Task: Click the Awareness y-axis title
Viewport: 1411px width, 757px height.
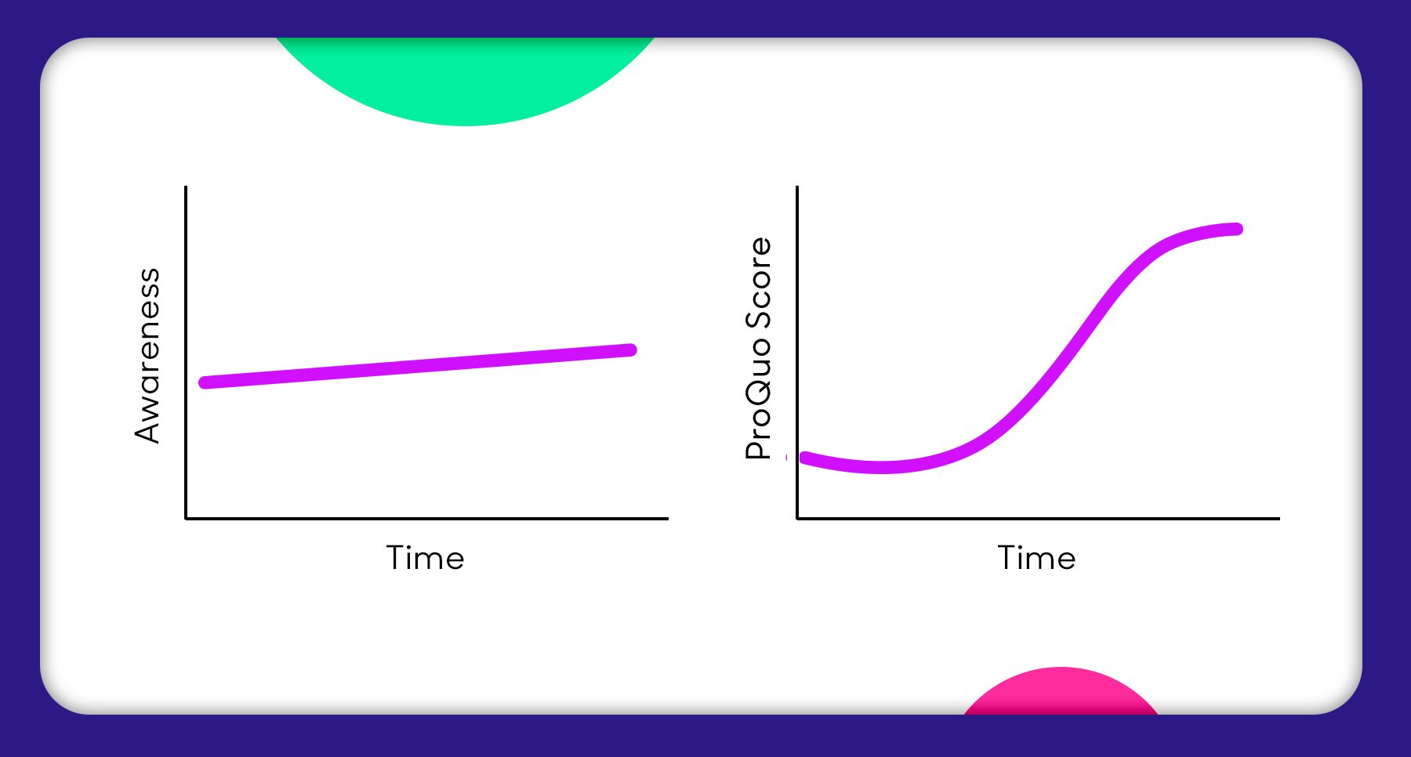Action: [x=147, y=356]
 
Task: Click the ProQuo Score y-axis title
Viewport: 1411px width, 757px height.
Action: [x=758, y=348]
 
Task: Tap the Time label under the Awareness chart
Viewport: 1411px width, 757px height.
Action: [x=425, y=558]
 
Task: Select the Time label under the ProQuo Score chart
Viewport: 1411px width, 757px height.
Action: [x=1036, y=558]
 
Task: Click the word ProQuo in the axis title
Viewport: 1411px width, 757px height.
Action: [x=758, y=399]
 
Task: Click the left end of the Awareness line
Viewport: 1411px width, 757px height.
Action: [x=205, y=382]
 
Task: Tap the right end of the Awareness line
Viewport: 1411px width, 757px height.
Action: [x=631, y=350]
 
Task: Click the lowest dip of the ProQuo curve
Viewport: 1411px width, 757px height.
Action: [x=882, y=468]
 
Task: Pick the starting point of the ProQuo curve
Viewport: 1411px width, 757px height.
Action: [x=804, y=458]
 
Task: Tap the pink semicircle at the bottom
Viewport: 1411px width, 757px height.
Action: [x=1061, y=693]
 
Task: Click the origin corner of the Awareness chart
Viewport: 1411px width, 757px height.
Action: [x=186, y=518]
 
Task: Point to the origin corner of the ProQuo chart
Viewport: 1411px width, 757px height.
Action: [x=797, y=518]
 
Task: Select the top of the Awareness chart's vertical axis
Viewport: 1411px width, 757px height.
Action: [x=186, y=187]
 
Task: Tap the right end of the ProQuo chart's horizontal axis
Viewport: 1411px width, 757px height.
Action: [x=1279, y=518]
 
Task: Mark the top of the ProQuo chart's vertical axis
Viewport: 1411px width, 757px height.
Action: [x=797, y=187]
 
